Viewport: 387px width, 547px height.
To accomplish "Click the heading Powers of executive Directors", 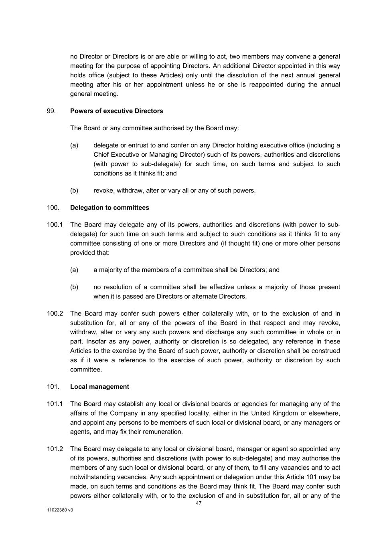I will click(x=116, y=111).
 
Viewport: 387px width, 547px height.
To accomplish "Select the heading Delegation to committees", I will click(x=109, y=208).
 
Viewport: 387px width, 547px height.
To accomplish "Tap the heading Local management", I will click(x=99, y=387).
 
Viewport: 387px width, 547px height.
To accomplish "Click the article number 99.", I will click(x=51, y=111).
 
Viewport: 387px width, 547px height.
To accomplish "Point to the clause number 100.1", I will click(x=55, y=225).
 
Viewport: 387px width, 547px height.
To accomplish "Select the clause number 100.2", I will click(x=55, y=314).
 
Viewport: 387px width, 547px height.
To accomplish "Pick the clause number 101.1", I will click(x=55, y=404).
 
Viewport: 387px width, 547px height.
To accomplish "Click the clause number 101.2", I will click(x=55, y=449).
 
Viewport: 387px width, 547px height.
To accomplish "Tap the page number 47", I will click(x=199, y=503).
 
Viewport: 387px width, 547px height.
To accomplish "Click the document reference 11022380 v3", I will click(x=60, y=511).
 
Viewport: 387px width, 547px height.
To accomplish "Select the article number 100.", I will click(x=53, y=208).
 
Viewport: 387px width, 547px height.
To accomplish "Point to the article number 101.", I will click(x=53, y=387).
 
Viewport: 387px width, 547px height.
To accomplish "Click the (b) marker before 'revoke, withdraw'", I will click(x=74, y=191).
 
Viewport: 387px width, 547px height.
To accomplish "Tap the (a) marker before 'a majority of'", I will click(x=74, y=270).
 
